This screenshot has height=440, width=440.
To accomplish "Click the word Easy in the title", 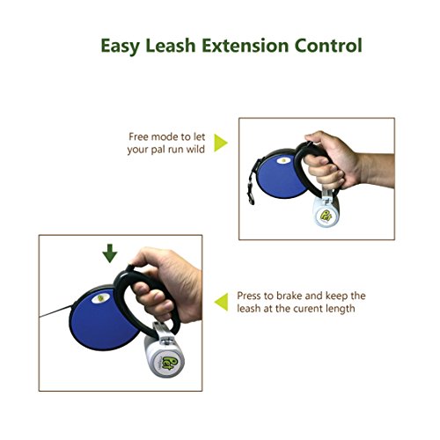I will (123, 45).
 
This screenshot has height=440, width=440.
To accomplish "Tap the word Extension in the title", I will (246, 45).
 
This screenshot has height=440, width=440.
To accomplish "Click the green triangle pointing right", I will (221, 143).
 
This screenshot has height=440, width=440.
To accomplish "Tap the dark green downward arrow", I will (109, 254).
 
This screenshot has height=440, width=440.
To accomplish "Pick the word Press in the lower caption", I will (252, 297).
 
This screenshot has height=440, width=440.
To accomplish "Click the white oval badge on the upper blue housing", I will (284, 161).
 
